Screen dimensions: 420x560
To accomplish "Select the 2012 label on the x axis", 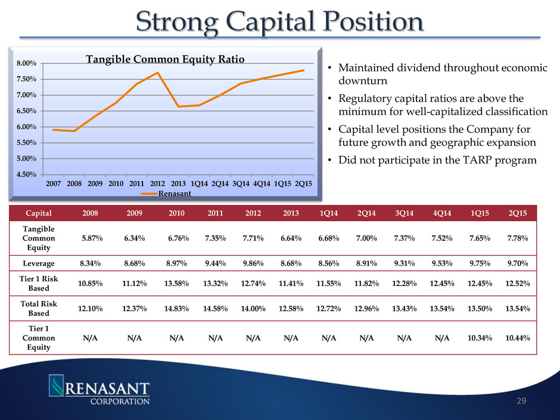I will [x=157, y=184].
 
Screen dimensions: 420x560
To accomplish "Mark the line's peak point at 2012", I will [x=157, y=73].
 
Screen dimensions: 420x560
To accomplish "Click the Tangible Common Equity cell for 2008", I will [x=94, y=238].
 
